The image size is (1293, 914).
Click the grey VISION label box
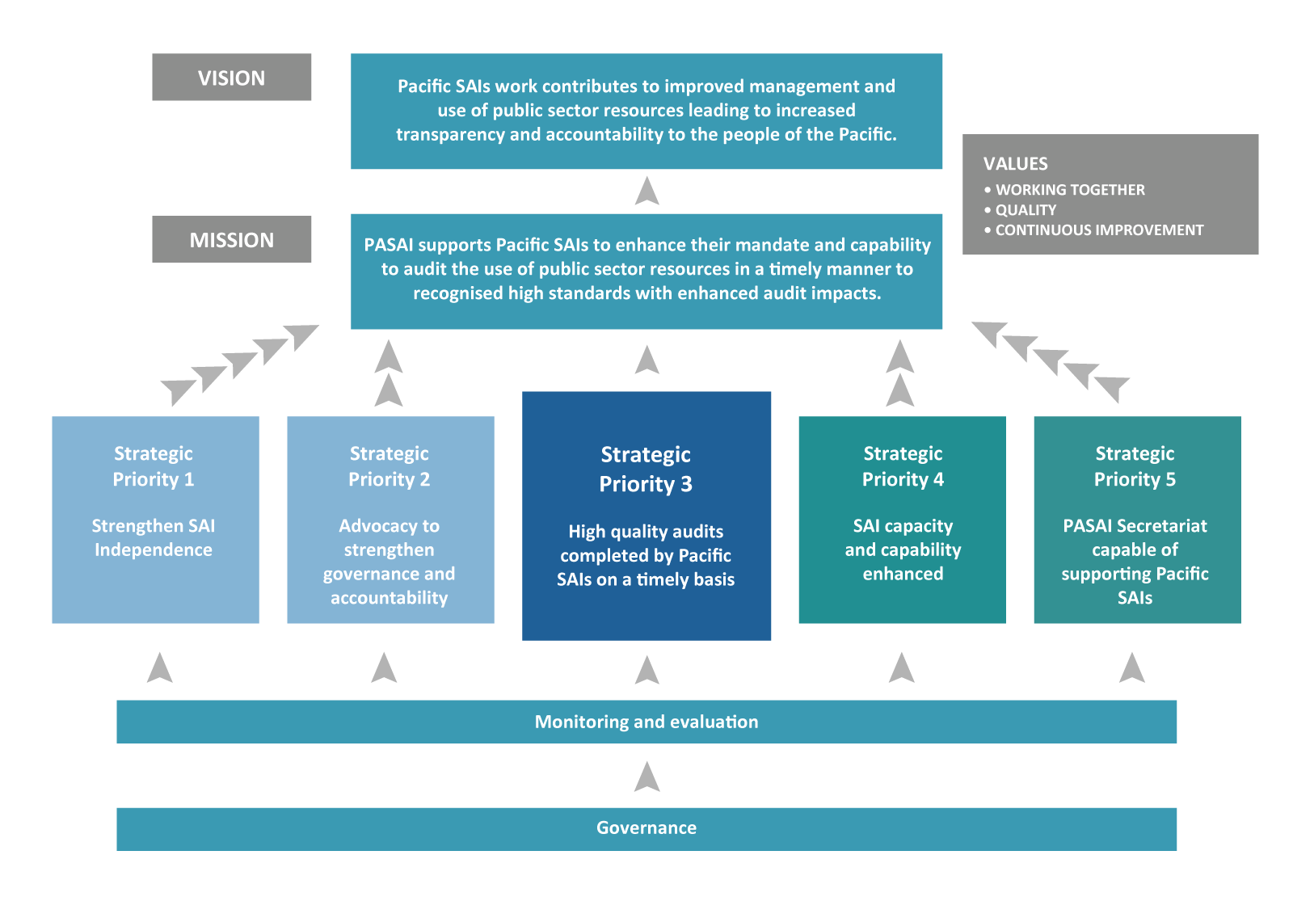pyautogui.click(x=231, y=78)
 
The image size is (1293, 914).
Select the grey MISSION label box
pyautogui.click(x=231, y=239)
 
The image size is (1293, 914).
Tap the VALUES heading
pyautogui.click(x=1015, y=164)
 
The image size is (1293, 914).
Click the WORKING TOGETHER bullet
pyautogui.click(x=1069, y=190)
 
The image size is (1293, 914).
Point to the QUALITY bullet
pyautogui.click(x=1025, y=210)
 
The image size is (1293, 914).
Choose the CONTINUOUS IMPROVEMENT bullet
pyautogui.click(x=1098, y=230)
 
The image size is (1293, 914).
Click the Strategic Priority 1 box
pyautogui.click(x=155, y=519)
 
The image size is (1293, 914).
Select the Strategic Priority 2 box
pyautogui.click(x=390, y=519)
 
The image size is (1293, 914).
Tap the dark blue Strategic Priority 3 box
pyautogui.click(x=646, y=516)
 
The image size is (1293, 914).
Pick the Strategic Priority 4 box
pyautogui.click(x=902, y=519)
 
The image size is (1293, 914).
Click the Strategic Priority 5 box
pyautogui.click(x=1136, y=519)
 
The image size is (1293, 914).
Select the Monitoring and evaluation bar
pyautogui.click(x=646, y=722)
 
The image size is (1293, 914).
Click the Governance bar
pyautogui.click(x=646, y=828)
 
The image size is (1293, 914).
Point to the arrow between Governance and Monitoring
pyautogui.click(x=646, y=777)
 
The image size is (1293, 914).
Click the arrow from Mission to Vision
pyautogui.click(x=646, y=192)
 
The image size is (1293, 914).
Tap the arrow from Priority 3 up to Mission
pyautogui.click(x=646, y=360)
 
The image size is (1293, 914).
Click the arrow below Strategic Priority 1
pyautogui.click(x=160, y=668)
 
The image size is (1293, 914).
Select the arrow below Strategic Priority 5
pyautogui.click(x=1132, y=668)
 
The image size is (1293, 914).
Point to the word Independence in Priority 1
pyautogui.click(x=154, y=550)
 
